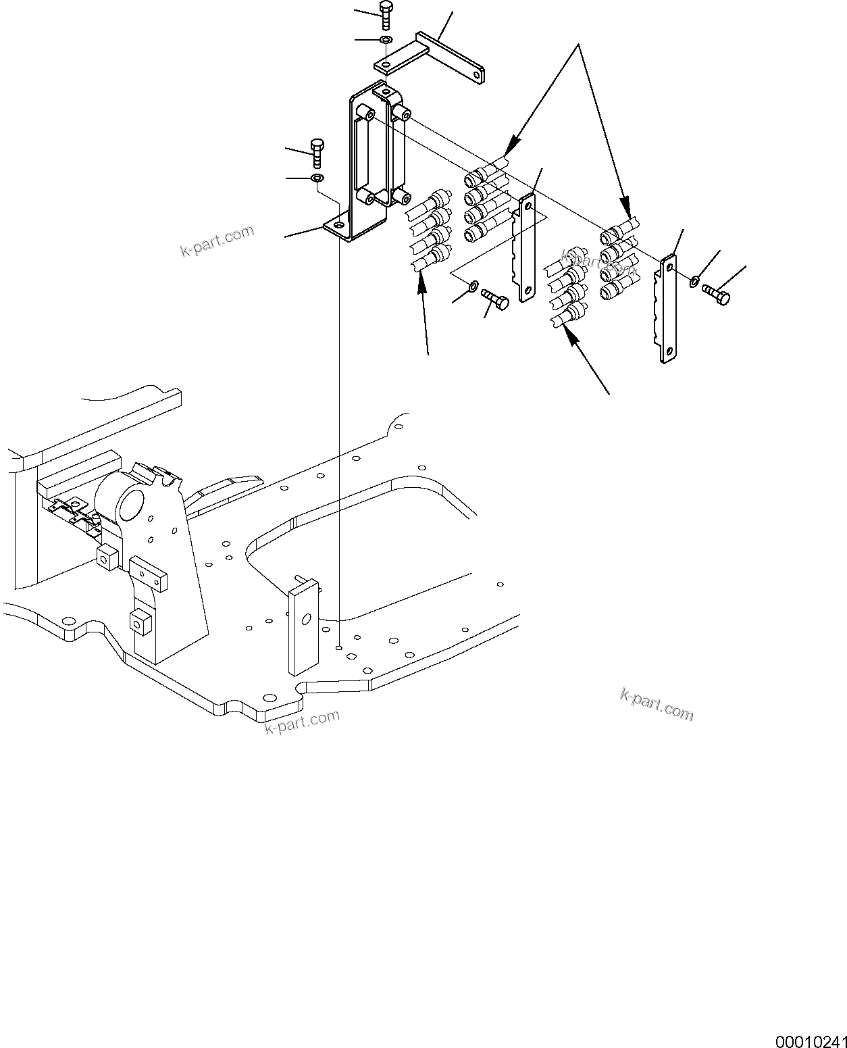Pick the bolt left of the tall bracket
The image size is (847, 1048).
(317, 153)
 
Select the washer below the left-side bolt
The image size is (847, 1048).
(317, 178)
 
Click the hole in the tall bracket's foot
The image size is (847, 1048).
(338, 225)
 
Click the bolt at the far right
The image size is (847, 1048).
(716, 295)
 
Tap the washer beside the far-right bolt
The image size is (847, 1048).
(694, 280)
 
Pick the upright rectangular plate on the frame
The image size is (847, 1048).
(304, 626)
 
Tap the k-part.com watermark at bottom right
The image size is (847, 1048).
(657, 704)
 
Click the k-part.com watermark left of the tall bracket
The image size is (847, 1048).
(217, 241)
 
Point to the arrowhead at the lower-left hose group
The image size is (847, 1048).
(421, 282)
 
